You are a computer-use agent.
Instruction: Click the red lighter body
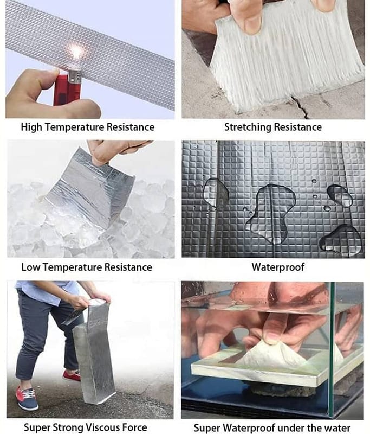point(67,90)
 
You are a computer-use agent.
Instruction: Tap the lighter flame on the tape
point(75,52)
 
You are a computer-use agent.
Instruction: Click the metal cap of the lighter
point(74,76)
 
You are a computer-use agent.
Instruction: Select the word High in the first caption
point(31,127)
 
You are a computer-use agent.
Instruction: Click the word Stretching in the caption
point(248,127)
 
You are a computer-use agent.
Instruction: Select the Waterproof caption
point(278,267)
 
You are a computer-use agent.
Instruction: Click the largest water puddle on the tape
point(271,213)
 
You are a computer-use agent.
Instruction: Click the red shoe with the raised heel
point(72,375)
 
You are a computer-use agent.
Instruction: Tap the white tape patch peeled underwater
point(271,354)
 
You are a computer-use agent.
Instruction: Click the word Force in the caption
point(137,427)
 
